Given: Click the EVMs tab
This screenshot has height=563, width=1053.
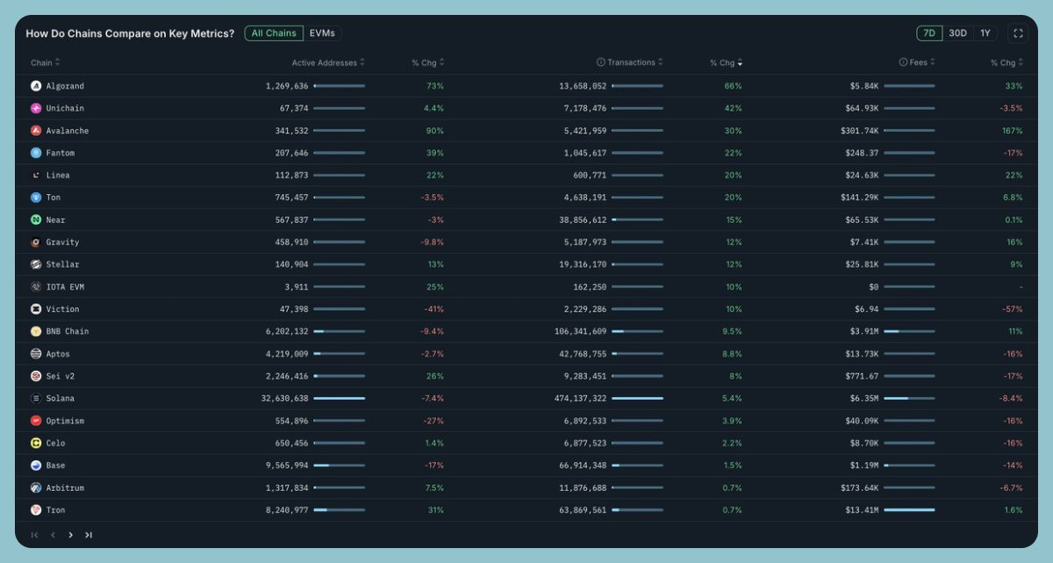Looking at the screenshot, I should point(322,33).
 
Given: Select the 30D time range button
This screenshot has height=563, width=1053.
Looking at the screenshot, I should point(957,33).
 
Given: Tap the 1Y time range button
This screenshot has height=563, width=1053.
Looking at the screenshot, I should point(985,33).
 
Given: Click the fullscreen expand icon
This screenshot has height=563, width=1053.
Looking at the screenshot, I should point(1018,33).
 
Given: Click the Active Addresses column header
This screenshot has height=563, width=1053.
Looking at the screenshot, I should point(325,62).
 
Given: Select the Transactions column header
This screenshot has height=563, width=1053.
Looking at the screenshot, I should point(631,62).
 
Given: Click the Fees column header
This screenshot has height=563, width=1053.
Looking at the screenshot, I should point(919,62).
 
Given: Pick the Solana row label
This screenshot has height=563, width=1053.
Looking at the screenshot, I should point(60,399).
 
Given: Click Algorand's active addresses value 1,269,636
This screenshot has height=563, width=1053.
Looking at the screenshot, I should point(287,86).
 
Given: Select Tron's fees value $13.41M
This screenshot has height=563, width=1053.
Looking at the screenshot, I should point(859,510).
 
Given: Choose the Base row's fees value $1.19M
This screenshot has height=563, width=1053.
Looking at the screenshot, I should point(861,466).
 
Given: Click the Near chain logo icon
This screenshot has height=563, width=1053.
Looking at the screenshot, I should point(36,220).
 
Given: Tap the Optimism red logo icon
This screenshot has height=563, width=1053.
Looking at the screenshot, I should point(36,421).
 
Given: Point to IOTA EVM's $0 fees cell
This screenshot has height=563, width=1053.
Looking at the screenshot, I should point(873,287).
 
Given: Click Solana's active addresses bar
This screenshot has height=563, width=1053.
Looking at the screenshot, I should point(339,399).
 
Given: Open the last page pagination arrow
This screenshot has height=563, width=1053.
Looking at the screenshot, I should point(89,534).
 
